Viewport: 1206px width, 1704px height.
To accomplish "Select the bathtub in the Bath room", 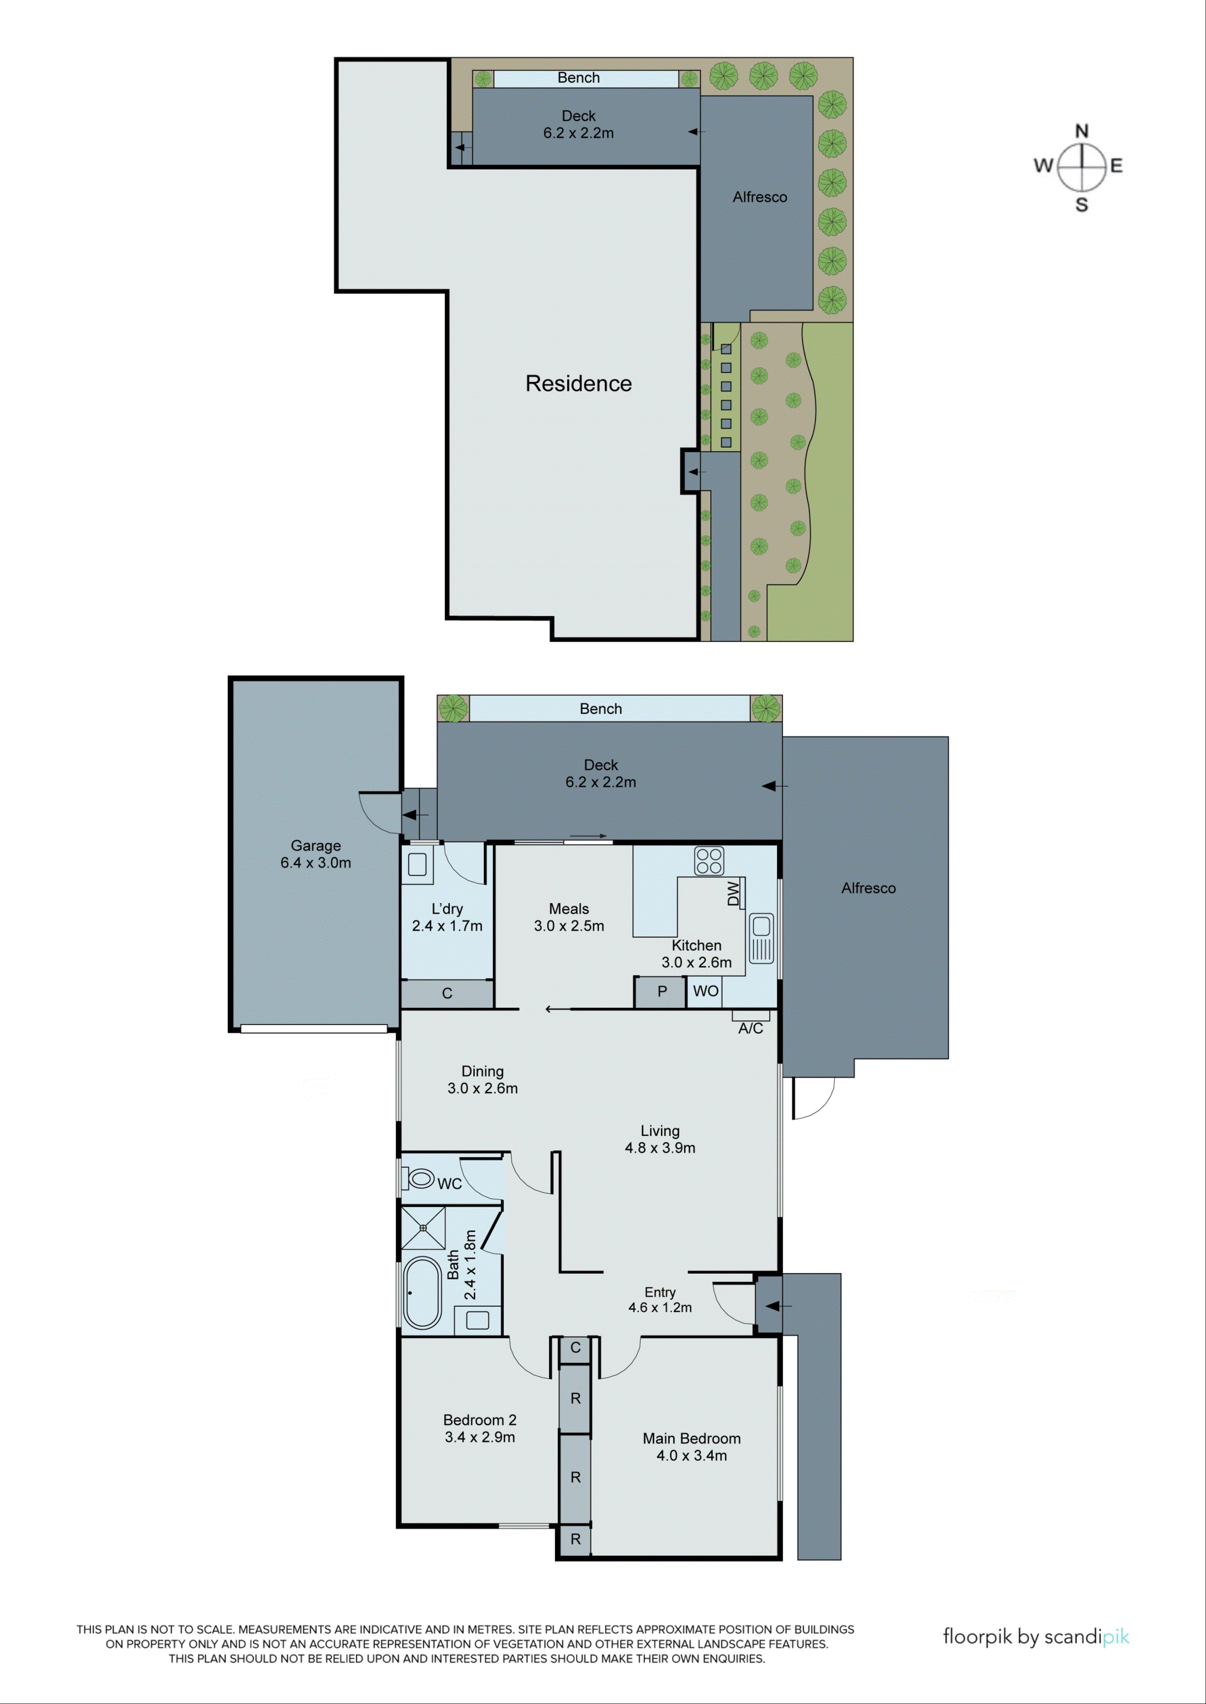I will [x=422, y=1292].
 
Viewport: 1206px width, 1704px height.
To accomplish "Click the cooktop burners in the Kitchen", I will [x=708, y=861].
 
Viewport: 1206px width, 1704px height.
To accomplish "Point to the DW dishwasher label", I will [x=734, y=893].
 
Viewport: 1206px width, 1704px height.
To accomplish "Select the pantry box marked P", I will [x=660, y=992].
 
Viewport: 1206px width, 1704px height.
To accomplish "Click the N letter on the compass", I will [x=1081, y=131].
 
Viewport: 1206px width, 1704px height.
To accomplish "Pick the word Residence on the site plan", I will [x=578, y=384].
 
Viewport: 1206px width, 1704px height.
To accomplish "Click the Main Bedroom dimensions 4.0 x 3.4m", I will [x=691, y=1455].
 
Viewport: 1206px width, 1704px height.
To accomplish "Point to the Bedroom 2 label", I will [x=480, y=1420].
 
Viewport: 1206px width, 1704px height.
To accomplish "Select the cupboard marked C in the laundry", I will [x=447, y=993].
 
